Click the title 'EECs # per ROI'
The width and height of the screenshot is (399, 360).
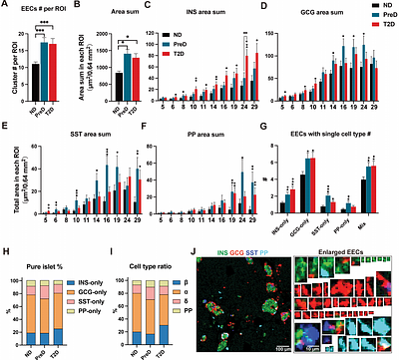pyautogui.click(x=42, y=7)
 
